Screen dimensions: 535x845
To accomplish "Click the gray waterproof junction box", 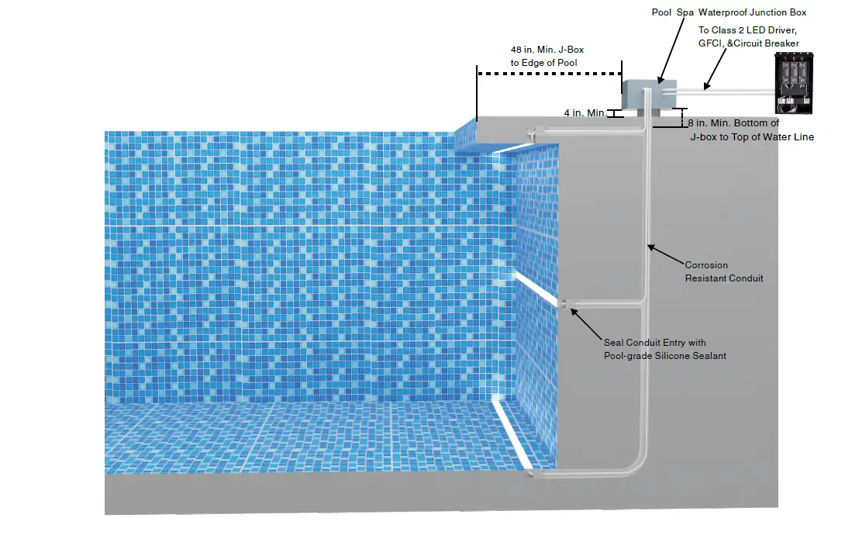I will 650,94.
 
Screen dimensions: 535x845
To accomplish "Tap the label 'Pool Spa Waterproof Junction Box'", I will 729,12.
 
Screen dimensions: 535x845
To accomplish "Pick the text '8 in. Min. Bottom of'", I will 733,123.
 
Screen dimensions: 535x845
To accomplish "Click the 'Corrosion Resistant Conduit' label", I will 723,271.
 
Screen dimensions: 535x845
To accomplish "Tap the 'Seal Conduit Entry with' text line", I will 654,343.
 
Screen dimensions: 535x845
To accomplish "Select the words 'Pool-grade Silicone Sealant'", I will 665,356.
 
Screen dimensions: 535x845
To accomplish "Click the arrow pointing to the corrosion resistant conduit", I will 666,256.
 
